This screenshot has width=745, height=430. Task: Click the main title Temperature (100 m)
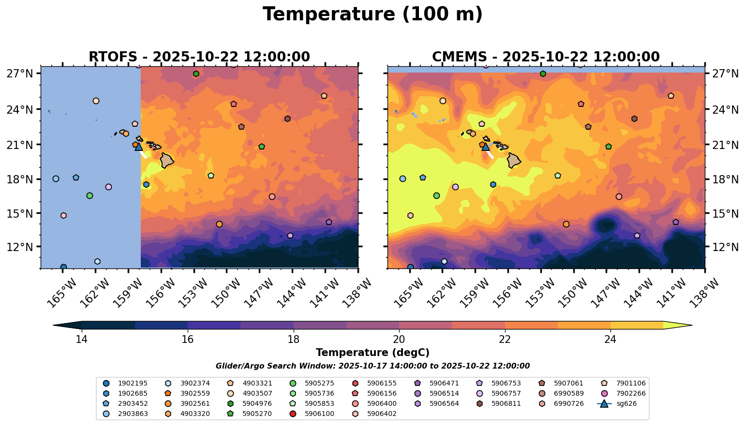click(x=372, y=15)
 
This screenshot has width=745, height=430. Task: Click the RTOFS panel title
click(x=199, y=57)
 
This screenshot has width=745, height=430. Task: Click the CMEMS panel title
click(x=546, y=57)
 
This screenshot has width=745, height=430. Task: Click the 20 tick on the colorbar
click(x=399, y=339)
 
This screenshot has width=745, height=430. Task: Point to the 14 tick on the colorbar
click(x=82, y=339)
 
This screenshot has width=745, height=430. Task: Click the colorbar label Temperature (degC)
click(x=372, y=353)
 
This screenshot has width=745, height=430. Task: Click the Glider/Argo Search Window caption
click(x=372, y=366)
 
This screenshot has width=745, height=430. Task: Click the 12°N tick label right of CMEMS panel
click(x=725, y=247)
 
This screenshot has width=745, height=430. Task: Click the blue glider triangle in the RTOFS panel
click(x=139, y=147)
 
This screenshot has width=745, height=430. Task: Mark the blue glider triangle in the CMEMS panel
click(x=486, y=147)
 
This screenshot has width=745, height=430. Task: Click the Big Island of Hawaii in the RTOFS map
click(x=167, y=160)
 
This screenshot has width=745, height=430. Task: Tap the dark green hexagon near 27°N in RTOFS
click(x=196, y=74)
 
